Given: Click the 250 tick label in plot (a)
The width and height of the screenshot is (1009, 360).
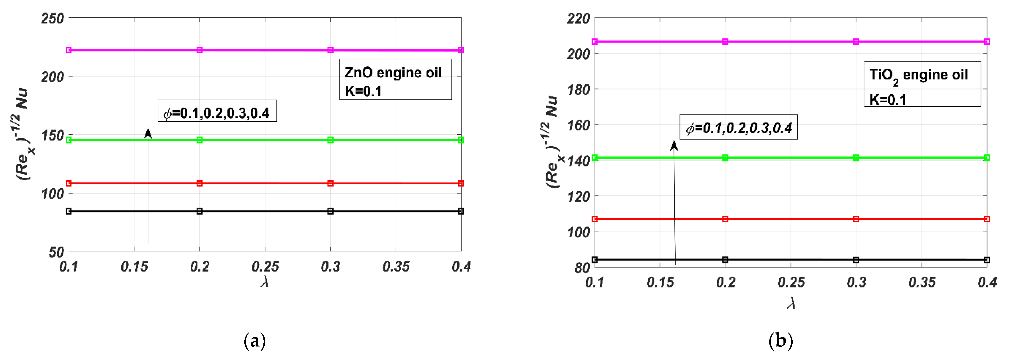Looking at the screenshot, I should [x=53, y=18].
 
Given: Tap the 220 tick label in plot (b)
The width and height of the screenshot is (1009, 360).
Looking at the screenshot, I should [x=578, y=18].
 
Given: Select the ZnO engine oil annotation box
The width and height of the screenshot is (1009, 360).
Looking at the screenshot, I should [x=395, y=80].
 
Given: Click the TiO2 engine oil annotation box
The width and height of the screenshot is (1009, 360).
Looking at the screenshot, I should [x=922, y=84].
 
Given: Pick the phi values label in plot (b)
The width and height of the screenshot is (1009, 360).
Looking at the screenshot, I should [x=738, y=127].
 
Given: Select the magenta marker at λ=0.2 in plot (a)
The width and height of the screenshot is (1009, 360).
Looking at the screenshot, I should [x=199, y=50].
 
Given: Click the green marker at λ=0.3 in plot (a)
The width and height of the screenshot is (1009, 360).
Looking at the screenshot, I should [x=330, y=140].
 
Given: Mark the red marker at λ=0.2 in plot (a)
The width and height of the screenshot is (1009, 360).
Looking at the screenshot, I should [x=199, y=183].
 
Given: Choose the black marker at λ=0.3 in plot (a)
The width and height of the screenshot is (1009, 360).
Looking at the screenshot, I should [x=330, y=211].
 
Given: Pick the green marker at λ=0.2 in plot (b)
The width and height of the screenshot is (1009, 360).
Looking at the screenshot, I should [x=725, y=158].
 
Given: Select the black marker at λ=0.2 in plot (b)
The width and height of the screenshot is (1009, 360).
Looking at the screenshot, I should [x=725, y=260].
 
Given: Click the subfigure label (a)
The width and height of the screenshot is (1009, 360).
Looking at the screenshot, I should [x=254, y=340].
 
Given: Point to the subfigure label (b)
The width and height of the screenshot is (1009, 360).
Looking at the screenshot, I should [x=781, y=340].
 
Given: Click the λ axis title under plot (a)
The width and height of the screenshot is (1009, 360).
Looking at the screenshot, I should [x=265, y=282].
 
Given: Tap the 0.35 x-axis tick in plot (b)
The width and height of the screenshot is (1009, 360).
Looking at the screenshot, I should [x=922, y=282].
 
